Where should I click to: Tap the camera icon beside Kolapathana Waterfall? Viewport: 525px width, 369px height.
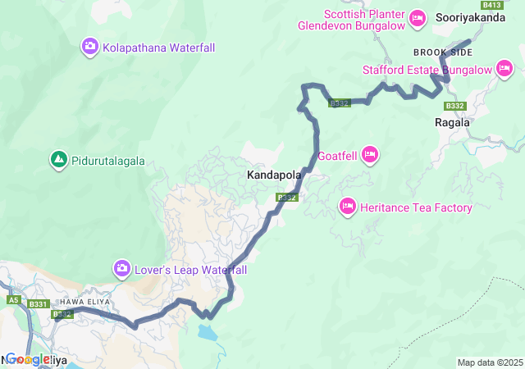coord(89,47)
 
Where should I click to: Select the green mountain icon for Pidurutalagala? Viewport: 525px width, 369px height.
coord(58,159)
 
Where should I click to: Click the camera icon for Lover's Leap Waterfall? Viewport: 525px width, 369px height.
coord(121,268)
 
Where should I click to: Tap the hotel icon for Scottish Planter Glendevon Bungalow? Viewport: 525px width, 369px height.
coord(418,17)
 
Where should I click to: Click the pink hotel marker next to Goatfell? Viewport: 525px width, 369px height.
coord(370,154)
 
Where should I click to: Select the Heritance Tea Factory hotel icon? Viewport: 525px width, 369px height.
coord(347,207)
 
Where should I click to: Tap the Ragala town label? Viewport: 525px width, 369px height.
coord(452,122)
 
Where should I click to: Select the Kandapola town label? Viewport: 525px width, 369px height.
coord(274,175)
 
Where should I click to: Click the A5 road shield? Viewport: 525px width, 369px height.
coord(13,301)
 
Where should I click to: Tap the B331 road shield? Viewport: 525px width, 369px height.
coord(38,304)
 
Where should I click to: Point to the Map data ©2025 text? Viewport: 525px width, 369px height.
coord(489,362)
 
